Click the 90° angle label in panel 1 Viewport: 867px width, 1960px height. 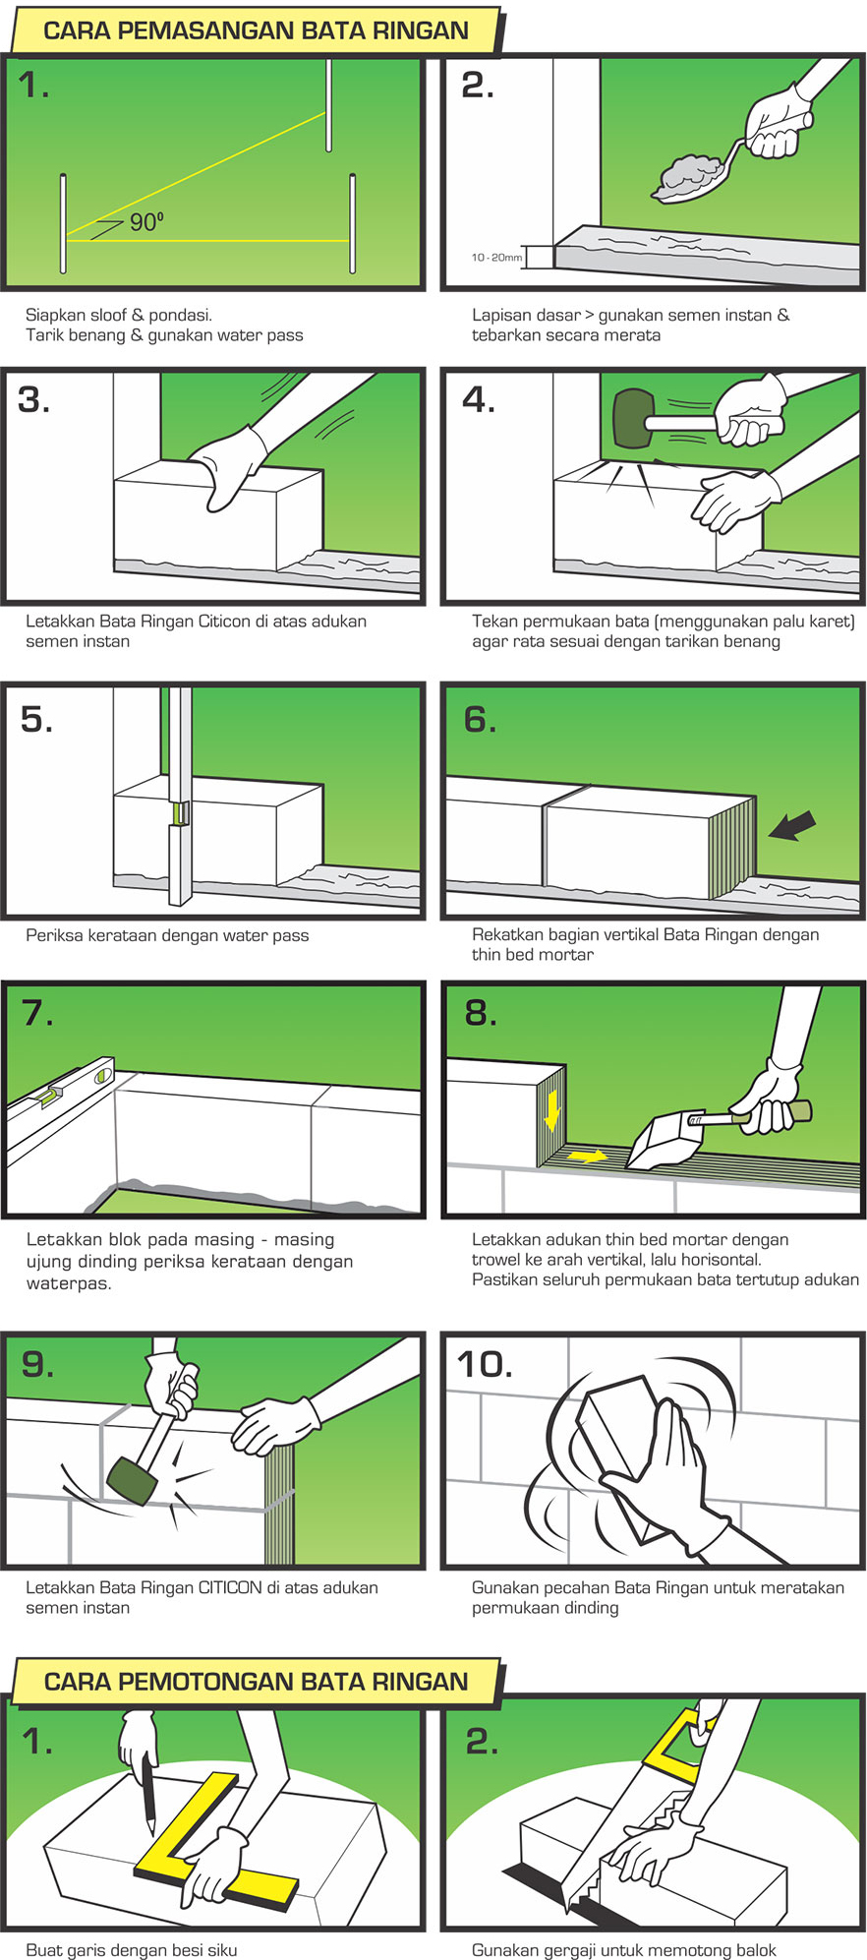[145, 222]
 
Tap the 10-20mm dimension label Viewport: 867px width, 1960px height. [496, 258]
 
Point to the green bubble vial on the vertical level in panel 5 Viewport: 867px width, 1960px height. [180, 812]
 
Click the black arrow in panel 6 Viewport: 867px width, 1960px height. [792, 824]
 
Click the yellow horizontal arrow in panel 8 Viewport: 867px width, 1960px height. [587, 1156]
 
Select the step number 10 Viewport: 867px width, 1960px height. [485, 1364]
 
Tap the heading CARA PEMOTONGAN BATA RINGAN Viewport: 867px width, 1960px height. [256, 1681]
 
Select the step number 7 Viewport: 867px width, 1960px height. [37, 1012]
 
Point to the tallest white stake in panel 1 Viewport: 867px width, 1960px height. [328, 104]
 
